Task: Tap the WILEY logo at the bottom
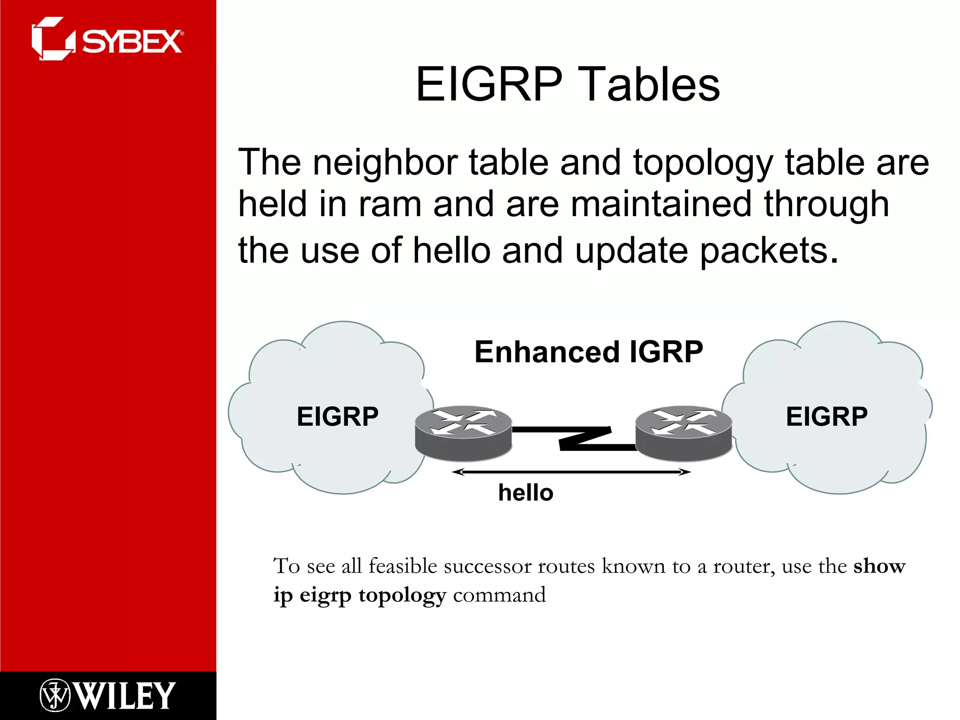tap(124, 696)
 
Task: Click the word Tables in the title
tap(649, 84)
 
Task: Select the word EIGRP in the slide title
tap(489, 84)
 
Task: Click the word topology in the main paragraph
tap(702, 163)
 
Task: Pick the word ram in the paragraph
tap(389, 205)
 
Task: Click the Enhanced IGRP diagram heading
tap(588, 352)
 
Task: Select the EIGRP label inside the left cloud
tap(337, 416)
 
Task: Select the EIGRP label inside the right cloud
tap(826, 416)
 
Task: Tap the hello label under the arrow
tap(525, 493)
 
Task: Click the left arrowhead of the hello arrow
tap(457, 472)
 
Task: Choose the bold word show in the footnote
tap(879, 566)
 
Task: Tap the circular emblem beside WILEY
tap(55, 695)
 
